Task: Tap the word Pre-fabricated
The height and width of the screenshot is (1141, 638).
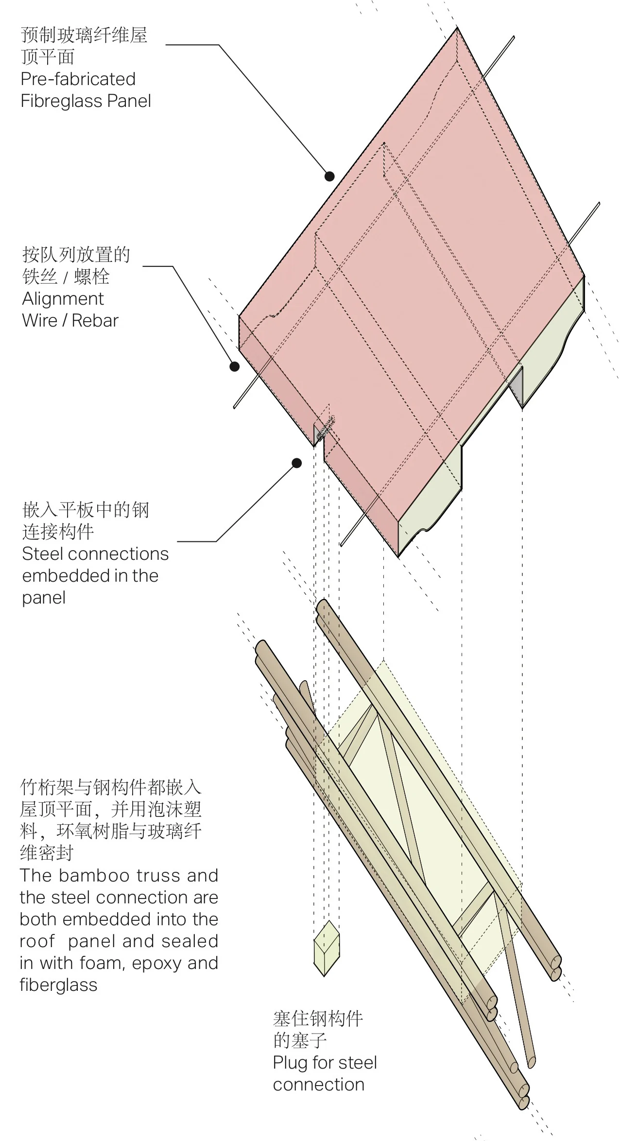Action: tap(78, 79)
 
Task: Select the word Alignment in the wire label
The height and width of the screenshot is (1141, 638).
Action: tap(63, 299)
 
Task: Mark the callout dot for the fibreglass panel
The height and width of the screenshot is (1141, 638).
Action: tap(329, 176)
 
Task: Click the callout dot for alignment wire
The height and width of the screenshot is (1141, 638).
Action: tap(234, 366)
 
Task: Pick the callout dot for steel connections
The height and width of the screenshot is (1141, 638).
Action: tap(296, 463)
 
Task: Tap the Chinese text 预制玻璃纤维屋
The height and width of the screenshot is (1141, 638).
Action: tap(84, 35)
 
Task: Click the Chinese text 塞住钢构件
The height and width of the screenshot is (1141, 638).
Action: tap(318, 1019)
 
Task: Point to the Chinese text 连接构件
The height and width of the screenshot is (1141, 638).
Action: tap(58, 532)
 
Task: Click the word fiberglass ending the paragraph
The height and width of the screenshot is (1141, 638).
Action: tap(59, 985)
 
